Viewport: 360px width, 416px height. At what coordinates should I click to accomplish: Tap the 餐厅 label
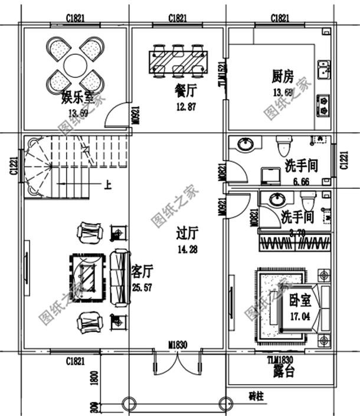pos(185,93)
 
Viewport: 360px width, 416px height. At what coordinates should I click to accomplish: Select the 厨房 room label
pos(282,78)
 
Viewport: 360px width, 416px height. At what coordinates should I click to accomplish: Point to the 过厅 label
pos(186,235)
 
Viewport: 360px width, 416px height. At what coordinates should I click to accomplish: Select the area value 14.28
pos(186,250)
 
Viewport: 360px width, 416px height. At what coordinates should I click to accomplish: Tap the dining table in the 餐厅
pos(179,60)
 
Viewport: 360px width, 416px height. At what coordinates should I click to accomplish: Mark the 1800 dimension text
pos(94,378)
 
